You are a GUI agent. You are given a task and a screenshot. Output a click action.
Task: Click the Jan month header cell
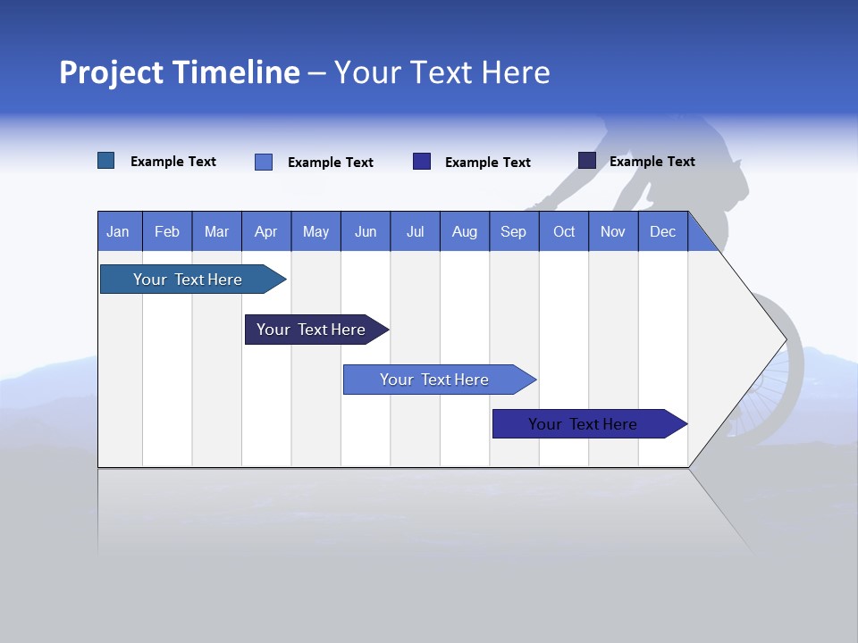click(119, 231)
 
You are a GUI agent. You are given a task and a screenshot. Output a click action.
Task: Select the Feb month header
click(167, 231)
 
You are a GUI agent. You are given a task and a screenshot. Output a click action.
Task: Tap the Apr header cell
click(266, 231)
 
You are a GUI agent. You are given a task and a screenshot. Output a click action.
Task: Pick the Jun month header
click(366, 231)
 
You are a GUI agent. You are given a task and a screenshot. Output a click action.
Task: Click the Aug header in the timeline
click(465, 231)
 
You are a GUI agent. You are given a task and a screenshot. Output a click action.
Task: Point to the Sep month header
click(514, 231)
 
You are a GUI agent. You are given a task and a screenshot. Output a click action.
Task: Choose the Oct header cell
click(564, 231)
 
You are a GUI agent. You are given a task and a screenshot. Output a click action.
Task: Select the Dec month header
click(663, 231)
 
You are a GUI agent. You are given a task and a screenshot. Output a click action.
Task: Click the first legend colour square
click(106, 161)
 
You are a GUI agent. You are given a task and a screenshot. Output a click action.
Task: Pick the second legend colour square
click(264, 162)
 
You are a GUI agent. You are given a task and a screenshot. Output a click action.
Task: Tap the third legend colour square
click(422, 162)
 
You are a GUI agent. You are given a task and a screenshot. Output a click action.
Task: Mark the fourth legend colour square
click(587, 161)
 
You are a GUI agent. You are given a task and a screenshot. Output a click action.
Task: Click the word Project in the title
click(112, 72)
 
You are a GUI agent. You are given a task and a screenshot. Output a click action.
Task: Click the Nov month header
click(613, 231)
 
